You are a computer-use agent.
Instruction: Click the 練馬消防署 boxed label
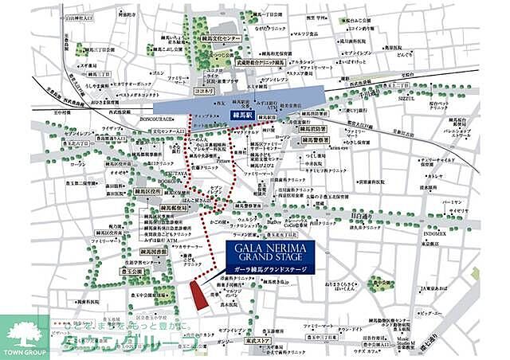(x=312, y=127)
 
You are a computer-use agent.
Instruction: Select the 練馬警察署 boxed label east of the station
(x=314, y=139)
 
